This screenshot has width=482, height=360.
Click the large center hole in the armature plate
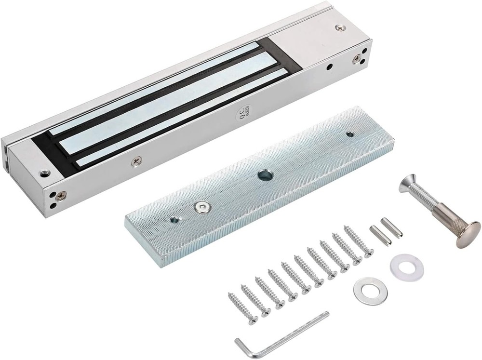pos(265,175)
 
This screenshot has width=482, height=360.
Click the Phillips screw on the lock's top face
pos(340,28)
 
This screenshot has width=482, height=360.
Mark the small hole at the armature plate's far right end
pos(350,135)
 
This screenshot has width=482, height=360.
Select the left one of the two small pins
pos(376,231)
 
